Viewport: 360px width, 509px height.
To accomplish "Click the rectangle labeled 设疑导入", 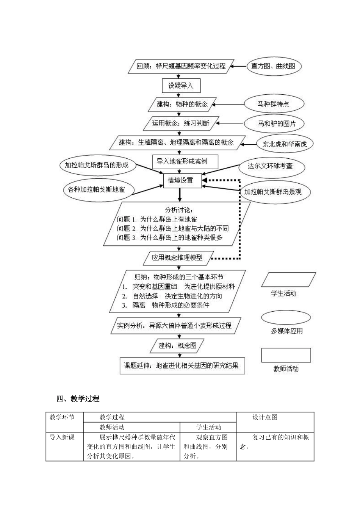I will [181, 86].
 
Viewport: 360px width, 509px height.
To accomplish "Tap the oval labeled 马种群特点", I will [274, 104].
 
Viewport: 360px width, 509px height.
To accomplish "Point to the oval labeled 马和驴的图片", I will [276, 123].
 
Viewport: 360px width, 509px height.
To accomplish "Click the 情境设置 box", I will [180, 181].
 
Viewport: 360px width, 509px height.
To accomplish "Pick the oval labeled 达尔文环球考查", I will [270, 166].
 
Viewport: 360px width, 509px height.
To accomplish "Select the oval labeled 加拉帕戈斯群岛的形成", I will [97, 165].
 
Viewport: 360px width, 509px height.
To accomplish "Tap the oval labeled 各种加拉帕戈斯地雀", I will [97, 189].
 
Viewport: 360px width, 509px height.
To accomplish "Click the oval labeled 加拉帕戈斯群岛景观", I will [273, 192].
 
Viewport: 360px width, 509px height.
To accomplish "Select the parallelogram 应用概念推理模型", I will [177, 258].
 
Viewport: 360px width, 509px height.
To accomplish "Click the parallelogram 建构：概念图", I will [178, 345].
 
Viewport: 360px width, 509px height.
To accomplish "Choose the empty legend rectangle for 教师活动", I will [286, 355].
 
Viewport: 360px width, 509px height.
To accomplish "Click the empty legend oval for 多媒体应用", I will [286, 318].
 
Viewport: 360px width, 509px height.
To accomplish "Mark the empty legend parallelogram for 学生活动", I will [288, 280].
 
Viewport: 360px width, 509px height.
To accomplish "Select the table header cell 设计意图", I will [265, 417].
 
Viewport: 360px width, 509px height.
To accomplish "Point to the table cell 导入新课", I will [62, 437].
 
